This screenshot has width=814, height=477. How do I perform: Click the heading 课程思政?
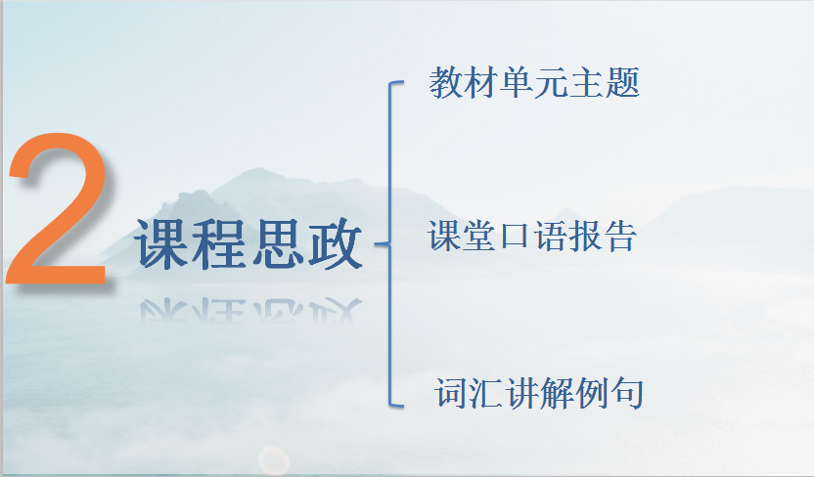(x=249, y=243)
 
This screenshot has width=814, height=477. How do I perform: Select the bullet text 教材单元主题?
(x=534, y=83)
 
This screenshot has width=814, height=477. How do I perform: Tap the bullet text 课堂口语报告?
(x=532, y=236)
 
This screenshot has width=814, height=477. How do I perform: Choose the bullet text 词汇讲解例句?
(x=539, y=393)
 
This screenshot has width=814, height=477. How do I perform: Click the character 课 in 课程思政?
(x=162, y=243)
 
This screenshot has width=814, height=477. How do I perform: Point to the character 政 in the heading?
(x=335, y=243)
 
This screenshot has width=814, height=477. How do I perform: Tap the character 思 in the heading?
(x=278, y=243)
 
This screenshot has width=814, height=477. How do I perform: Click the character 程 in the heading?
(x=219, y=243)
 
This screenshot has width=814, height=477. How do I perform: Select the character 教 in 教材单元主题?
(x=446, y=83)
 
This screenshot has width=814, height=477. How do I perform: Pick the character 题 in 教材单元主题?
(x=623, y=83)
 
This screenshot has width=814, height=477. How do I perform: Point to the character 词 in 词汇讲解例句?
(x=452, y=393)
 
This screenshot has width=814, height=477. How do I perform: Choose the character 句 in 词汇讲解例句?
(x=627, y=393)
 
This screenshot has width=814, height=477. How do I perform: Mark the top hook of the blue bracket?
(x=396, y=82)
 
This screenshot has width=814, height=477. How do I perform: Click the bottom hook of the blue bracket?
(x=396, y=405)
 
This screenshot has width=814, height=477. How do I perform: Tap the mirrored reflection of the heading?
(x=250, y=311)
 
